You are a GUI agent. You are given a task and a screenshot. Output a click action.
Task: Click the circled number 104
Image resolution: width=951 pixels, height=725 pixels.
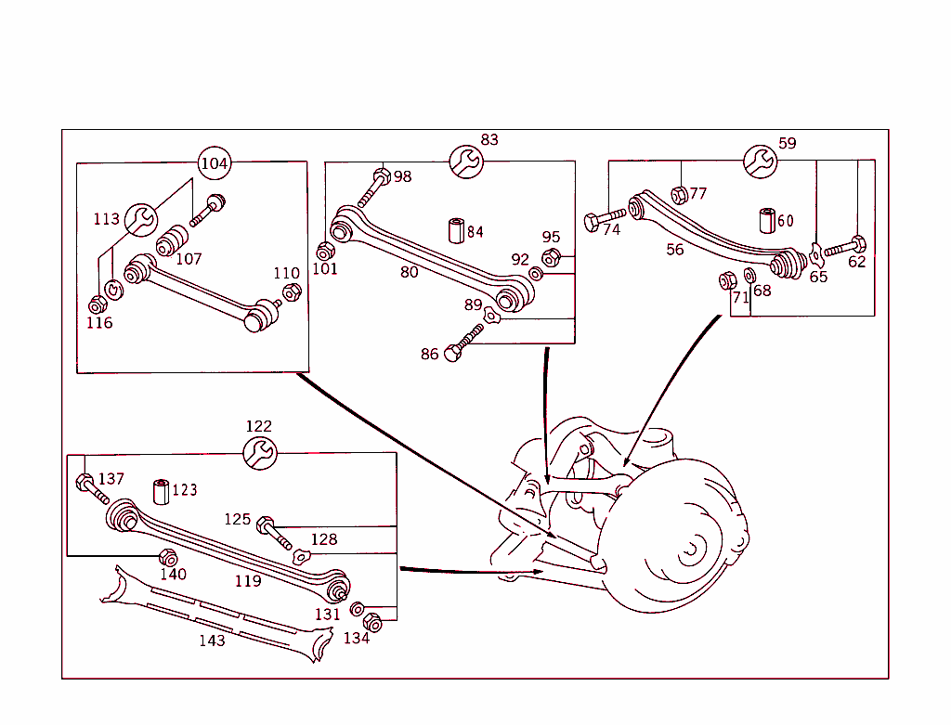(214, 163)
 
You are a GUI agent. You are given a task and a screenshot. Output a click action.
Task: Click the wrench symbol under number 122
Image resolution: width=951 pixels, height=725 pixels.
(259, 453)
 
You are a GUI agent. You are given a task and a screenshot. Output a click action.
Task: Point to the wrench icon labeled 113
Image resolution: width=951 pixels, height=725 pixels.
(141, 219)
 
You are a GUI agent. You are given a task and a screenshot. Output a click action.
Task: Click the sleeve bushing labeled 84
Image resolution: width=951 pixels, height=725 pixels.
(457, 230)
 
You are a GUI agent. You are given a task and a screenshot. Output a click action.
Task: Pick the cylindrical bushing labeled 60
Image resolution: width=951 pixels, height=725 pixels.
(767, 220)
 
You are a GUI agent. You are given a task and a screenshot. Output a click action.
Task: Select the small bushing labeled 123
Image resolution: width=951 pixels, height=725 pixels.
(162, 490)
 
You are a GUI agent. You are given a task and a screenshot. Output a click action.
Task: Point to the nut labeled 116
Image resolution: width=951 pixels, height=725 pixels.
(97, 304)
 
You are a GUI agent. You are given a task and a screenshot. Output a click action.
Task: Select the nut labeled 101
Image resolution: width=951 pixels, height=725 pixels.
(325, 252)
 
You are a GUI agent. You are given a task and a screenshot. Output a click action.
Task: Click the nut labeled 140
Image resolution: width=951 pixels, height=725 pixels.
(168, 557)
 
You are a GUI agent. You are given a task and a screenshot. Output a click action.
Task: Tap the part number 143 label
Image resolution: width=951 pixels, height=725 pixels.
(212, 641)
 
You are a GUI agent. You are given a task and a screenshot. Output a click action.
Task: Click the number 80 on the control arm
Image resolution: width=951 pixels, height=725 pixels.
(409, 272)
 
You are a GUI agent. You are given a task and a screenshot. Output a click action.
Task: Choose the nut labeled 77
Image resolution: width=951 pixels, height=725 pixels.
(679, 194)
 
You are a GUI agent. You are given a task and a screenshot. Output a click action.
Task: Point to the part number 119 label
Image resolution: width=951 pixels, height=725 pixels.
(248, 581)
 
